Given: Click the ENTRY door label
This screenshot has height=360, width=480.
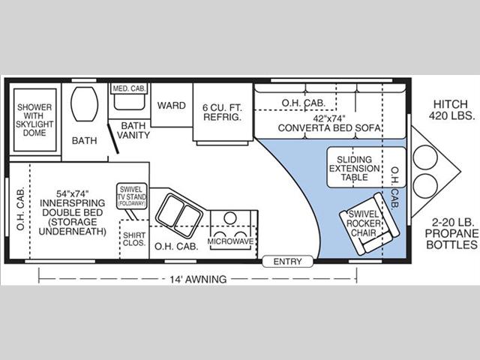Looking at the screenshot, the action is tap(287, 262).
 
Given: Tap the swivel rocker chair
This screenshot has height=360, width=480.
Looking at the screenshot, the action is tap(369, 223).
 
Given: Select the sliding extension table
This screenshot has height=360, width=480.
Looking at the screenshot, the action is tap(367, 167).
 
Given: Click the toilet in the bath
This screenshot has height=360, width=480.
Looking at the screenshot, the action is tap(84, 104).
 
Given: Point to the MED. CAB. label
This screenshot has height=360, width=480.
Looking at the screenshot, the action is tap(129, 88).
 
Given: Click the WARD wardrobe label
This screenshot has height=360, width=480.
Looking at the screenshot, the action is tap(172, 106).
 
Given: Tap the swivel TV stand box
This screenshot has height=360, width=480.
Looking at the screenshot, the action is tap(132, 196).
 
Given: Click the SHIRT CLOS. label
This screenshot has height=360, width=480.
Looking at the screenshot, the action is tap(134, 239).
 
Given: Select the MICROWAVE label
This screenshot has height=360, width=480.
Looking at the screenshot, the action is tap(231, 241).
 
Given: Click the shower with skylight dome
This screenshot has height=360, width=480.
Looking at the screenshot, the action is tap(35, 120).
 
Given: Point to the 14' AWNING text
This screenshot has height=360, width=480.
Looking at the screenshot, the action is tap(198, 279).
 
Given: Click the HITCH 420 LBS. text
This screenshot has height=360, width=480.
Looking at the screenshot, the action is tap(451, 109).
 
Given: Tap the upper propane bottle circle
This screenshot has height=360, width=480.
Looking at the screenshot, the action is tap(425, 157).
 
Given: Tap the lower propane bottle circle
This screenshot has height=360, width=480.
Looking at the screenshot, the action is tap(425, 187).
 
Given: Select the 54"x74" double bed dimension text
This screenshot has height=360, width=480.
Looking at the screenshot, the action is tap(73, 193).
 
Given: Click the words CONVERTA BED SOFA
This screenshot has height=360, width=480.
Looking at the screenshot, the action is tap(329, 127).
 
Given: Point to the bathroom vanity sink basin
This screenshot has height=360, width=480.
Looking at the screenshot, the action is tap(129, 101).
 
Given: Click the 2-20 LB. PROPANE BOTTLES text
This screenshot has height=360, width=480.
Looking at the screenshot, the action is tap(451, 233).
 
